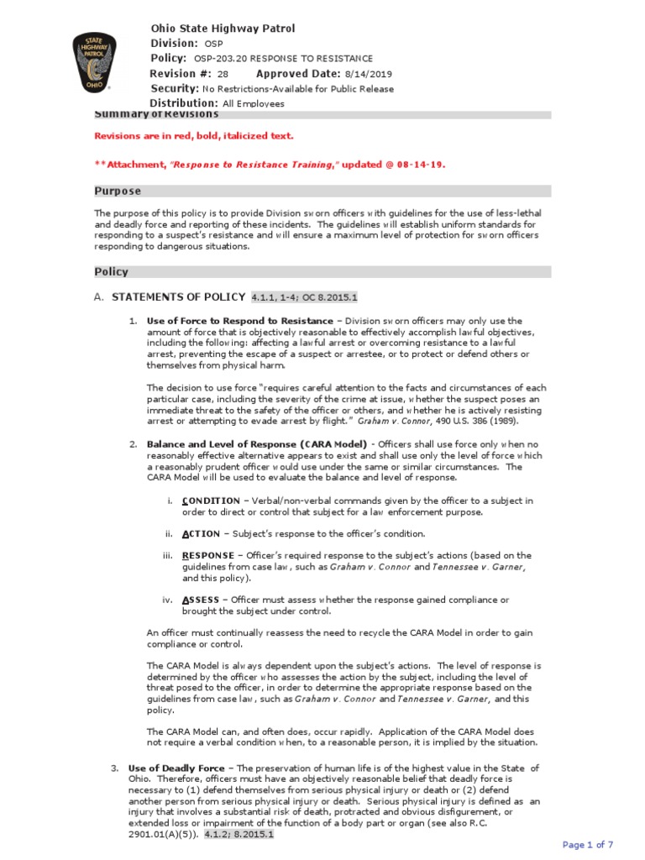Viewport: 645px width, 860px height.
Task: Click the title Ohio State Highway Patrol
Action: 223,29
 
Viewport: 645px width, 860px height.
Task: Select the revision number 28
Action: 223,74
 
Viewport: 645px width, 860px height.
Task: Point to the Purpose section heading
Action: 118,191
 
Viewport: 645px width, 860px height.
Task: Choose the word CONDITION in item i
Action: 210,501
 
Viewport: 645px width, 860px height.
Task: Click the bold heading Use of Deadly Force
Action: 176,768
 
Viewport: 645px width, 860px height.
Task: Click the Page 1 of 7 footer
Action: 588,845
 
